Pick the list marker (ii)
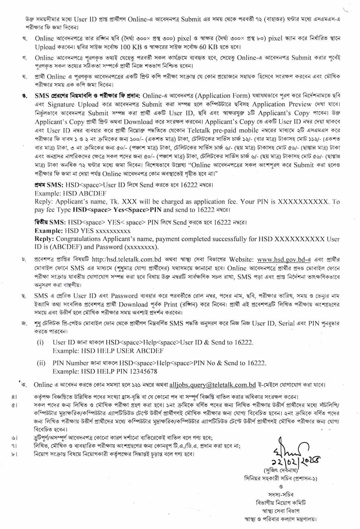tap(41, 363)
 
